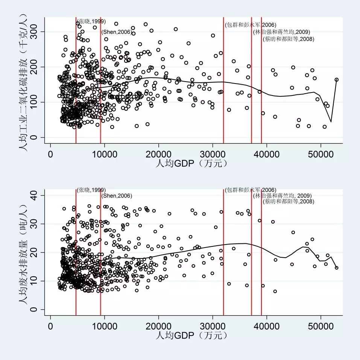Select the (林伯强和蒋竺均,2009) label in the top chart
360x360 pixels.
[281, 32]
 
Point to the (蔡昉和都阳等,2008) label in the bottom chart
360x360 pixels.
[289, 202]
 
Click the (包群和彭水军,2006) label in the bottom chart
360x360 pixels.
[250, 190]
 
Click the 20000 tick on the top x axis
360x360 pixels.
[158, 153]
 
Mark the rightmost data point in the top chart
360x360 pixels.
[336, 80]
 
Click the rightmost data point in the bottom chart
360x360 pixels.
[336, 268]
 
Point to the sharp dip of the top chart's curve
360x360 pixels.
[331, 122]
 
